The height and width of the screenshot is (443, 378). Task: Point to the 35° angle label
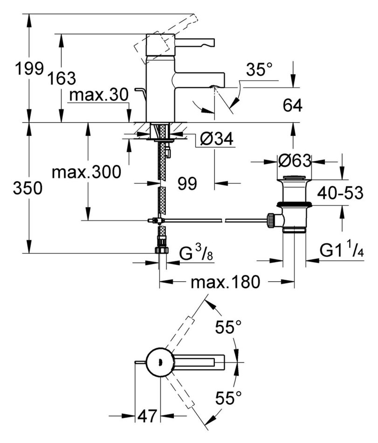[259, 70]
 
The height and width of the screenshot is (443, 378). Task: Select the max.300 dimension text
[86, 172]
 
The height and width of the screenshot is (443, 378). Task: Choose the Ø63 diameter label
[293, 161]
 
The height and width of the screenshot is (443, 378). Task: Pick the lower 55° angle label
[228, 399]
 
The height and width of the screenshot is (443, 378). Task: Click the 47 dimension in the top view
[147, 415]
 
